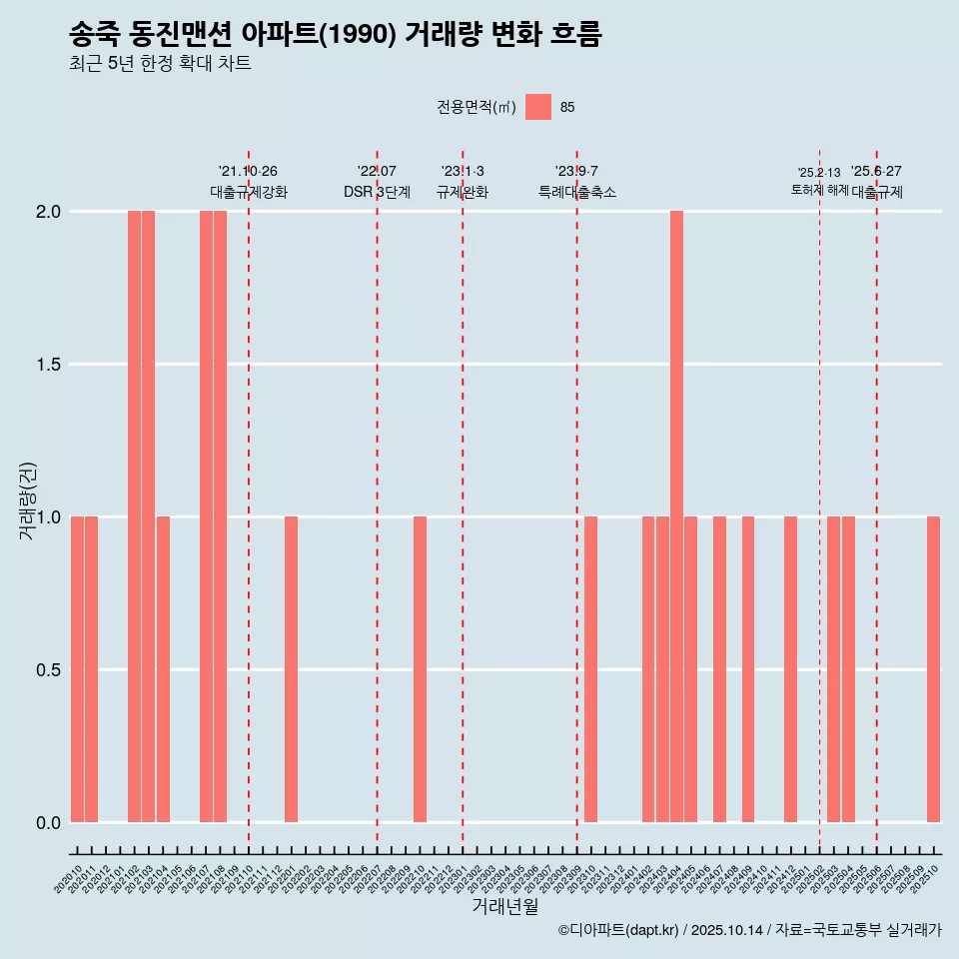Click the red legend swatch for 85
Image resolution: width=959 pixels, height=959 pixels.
pos(538,107)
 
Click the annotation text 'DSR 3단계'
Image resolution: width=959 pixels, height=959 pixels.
pos(377,193)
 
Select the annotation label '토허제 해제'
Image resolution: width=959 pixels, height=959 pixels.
pos(819,190)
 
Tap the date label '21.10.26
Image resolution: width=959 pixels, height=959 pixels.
pos(248,171)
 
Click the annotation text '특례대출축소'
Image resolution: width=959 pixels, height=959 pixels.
pos(577,193)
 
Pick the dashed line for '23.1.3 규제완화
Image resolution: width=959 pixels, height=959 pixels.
pos(463,499)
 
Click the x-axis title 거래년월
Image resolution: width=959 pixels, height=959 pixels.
pos(504,907)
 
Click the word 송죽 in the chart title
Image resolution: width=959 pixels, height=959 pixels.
pos(95,35)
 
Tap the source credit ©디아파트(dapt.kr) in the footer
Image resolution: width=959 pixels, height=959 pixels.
pos(618,930)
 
